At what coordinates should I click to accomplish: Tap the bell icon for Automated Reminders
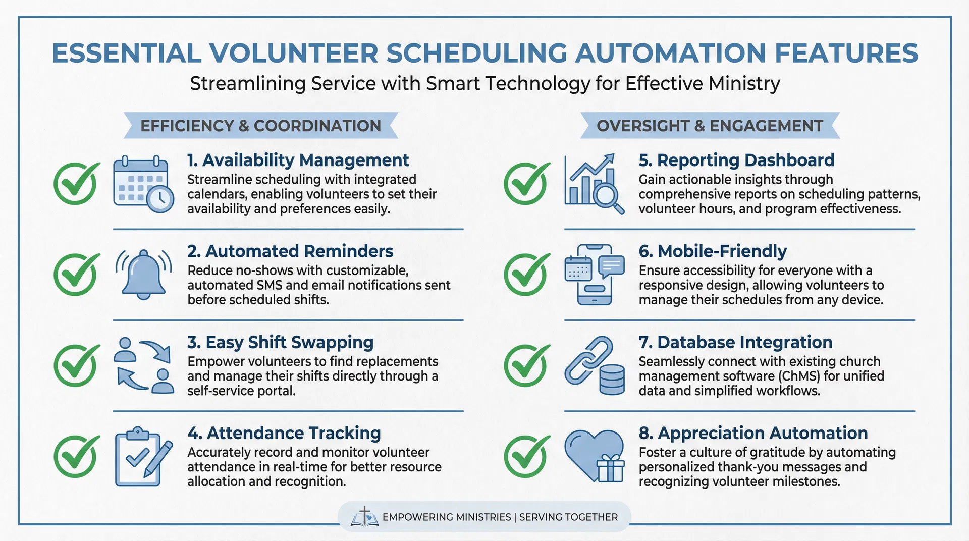click(x=144, y=274)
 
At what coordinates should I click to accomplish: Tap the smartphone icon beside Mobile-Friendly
click(x=594, y=275)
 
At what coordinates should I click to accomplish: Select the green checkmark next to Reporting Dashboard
click(x=526, y=183)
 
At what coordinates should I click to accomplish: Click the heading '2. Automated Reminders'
click(x=290, y=251)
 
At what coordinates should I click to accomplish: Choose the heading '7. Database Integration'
click(x=735, y=342)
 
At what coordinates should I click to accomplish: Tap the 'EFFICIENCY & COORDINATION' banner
click(x=260, y=126)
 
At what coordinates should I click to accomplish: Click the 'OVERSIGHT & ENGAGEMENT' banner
click(x=710, y=126)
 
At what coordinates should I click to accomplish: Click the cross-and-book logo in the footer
click(x=364, y=517)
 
